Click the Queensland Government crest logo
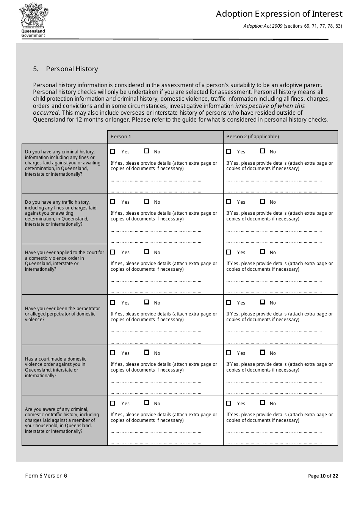pyautogui.click(x=33, y=20)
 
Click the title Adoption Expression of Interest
pyautogui.click(x=279, y=14)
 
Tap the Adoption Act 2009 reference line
pyautogui.click(x=293, y=26)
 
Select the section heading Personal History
pyautogui.click(x=72, y=69)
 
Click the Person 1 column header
pyautogui.click(x=121, y=137)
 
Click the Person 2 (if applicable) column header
pyautogui.click(x=252, y=137)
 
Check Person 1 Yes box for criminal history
pyautogui.click(x=113, y=151)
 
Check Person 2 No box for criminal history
pyautogui.click(x=262, y=151)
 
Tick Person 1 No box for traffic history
pyautogui.click(x=147, y=201)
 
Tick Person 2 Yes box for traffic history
pyautogui.click(x=229, y=201)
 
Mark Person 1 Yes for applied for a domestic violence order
pyautogui.click(x=113, y=252)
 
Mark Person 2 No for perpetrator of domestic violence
pyautogui.click(x=262, y=302)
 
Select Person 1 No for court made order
pyautogui.click(x=147, y=353)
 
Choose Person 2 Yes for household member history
pyautogui.click(x=229, y=403)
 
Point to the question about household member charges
pyautogui.click(x=62, y=420)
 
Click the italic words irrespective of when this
pyautogui.click(x=270, y=106)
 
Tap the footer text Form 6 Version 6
pyautogui.click(x=46, y=476)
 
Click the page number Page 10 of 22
pyautogui.click(x=323, y=476)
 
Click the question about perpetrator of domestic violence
pyautogui.click(x=62, y=314)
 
